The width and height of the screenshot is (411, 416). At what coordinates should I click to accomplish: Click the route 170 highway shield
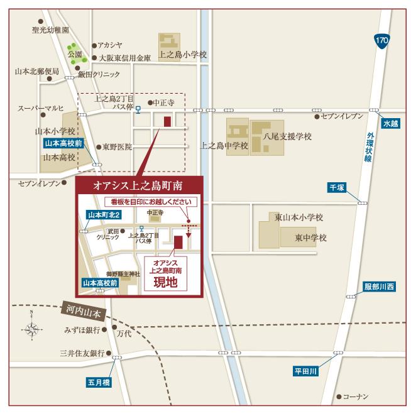(381, 40)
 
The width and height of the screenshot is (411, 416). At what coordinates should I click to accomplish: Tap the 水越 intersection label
(390, 123)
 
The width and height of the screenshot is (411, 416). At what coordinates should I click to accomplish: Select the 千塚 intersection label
(338, 187)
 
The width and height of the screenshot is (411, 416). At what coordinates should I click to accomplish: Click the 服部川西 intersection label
(380, 287)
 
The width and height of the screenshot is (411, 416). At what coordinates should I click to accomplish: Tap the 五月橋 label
(99, 381)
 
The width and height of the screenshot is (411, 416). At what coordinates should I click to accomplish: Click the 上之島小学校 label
(183, 55)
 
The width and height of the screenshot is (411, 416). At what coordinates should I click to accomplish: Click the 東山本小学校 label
(299, 217)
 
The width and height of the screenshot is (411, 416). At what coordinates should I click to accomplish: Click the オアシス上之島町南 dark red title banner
(140, 186)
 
